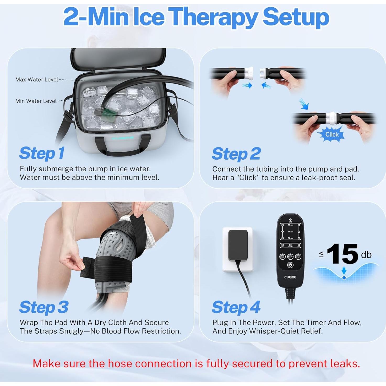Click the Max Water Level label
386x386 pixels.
[x=36, y=79]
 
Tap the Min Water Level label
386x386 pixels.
[x=36, y=101]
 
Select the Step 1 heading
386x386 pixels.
[x=42, y=153]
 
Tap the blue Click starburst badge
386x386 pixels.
[x=332, y=134]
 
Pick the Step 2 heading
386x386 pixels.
[x=236, y=154]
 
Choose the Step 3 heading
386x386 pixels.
[x=44, y=307]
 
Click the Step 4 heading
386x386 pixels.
[x=236, y=307]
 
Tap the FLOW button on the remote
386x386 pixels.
[x=290, y=257]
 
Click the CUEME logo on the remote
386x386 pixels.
[x=290, y=277]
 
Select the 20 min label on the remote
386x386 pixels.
[x=290, y=232]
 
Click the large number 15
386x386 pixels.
[x=342, y=254]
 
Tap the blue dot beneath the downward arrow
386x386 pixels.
[x=344, y=278]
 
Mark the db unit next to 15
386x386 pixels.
[x=366, y=255]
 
